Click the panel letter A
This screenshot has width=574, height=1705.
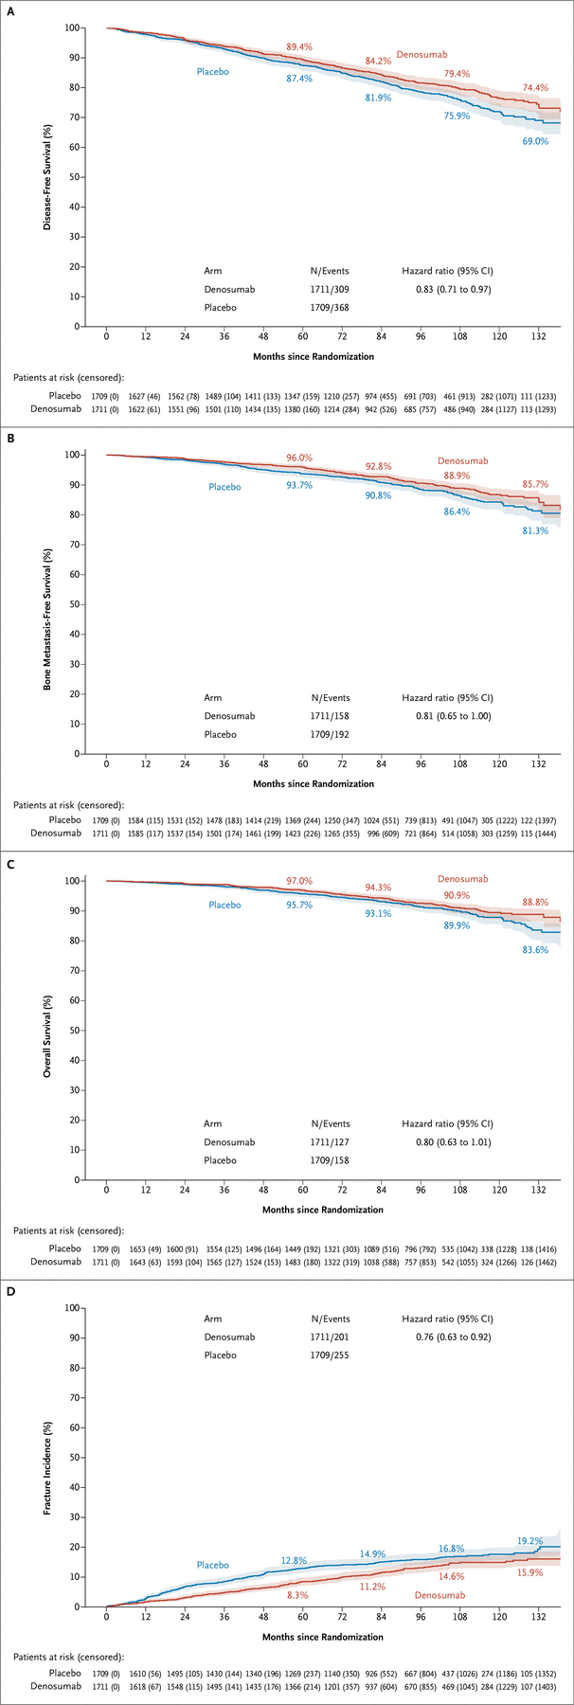tap(11, 13)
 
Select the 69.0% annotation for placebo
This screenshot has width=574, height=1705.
tap(535, 141)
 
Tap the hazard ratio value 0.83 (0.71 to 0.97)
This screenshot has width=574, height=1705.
tap(447, 288)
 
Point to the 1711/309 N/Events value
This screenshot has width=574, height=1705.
tap(331, 288)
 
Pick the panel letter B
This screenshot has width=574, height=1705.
tap(11, 439)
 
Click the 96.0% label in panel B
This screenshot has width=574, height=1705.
tap(299, 458)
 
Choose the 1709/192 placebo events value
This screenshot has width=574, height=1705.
tap(331, 734)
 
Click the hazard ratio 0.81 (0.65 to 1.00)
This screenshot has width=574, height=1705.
tap(447, 715)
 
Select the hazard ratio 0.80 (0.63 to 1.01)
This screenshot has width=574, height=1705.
tap(447, 1141)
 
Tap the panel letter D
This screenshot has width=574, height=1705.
tap(11, 1291)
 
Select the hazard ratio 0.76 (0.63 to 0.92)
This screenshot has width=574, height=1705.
tap(447, 1337)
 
